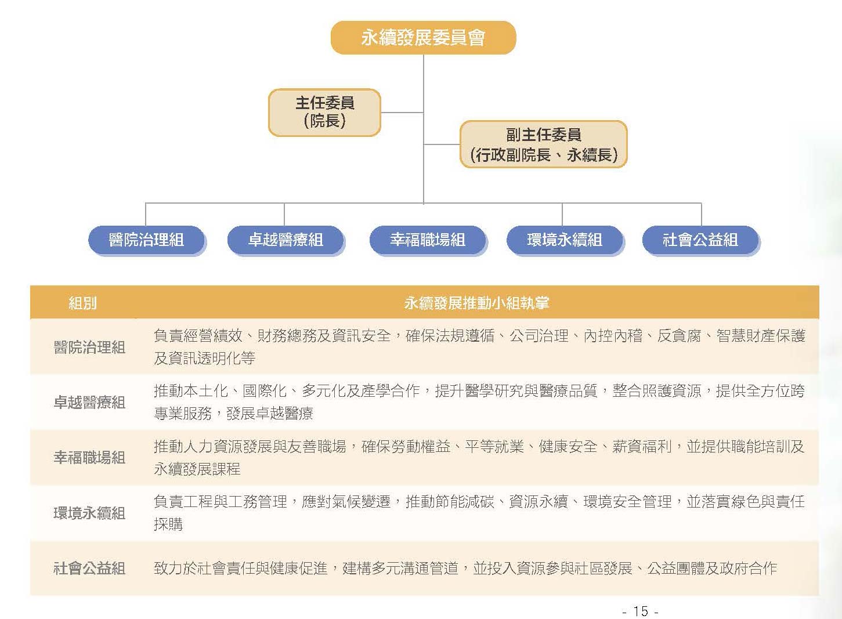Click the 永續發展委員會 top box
tap(423, 38)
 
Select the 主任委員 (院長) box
tap(325, 113)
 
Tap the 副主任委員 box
tap(544, 144)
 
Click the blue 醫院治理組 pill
tap(147, 240)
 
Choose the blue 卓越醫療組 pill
tap(286, 240)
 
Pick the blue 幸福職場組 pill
tap(428, 240)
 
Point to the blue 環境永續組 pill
tap(565, 240)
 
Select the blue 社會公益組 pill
tap(700, 240)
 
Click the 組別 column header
tap(83, 303)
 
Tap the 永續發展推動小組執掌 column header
tap(476, 303)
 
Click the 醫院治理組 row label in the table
tap(89, 347)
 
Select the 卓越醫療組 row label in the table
tap(89, 403)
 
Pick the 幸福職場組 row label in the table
tap(89, 458)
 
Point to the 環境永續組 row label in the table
tap(89, 513)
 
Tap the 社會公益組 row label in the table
tap(89, 569)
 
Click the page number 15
tap(641, 611)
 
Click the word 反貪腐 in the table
tap(679, 336)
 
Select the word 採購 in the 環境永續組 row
tap(168, 524)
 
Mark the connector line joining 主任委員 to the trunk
tap(402, 112)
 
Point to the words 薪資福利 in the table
tap(642, 447)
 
